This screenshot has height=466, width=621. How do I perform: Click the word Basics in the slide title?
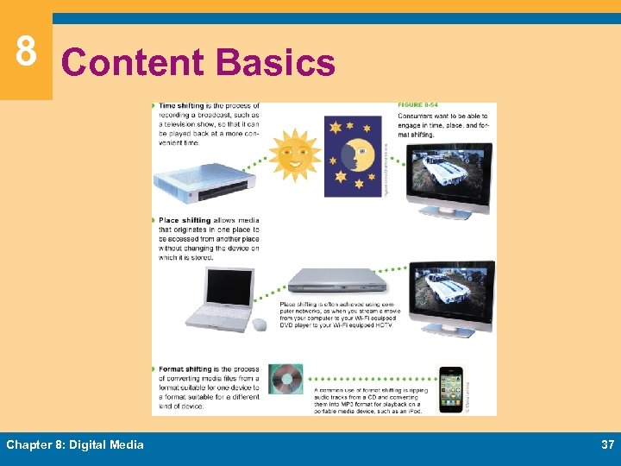click(275, 63)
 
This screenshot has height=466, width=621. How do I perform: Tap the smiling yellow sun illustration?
click(294, 155)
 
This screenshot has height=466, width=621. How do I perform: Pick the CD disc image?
click(285, 380)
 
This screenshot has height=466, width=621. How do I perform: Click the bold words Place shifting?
click(185, 221)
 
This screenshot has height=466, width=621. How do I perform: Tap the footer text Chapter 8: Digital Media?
click(75, 444)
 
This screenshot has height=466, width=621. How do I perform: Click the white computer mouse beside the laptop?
click(259, 324)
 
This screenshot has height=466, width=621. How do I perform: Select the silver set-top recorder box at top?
click(204, 181)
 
